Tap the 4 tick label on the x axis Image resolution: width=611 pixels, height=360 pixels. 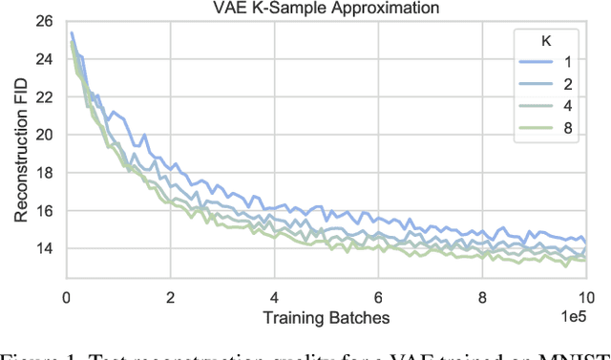pos(274,296)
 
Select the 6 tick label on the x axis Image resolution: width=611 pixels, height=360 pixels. pos(378,296)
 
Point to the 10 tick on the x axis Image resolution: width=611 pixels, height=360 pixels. pos(585,296)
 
